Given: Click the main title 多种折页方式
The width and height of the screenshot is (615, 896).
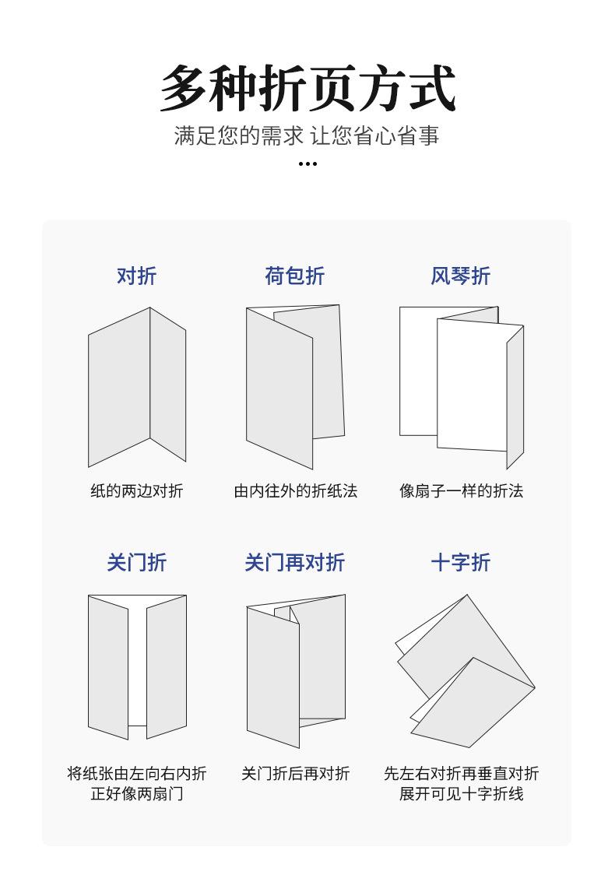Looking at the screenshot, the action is [307, 89].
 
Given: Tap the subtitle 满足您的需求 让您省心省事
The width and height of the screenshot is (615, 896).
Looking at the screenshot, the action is [307, 135].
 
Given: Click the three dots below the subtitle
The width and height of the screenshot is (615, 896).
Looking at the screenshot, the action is [307, 163].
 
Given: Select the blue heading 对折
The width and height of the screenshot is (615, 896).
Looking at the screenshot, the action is [137, 276].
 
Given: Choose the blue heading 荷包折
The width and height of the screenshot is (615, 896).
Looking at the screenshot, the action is [294, 276].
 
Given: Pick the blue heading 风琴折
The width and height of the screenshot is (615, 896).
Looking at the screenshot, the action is [460, 276].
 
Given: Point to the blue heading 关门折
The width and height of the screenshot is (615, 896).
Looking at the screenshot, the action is [137, 562].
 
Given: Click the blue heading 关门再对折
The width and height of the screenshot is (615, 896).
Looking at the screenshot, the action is [294, 562].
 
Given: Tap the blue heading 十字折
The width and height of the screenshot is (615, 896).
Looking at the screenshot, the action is [460, 562].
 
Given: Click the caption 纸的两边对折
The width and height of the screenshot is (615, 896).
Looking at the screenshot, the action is [137, 490].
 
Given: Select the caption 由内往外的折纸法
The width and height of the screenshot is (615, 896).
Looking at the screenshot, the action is [295, 490].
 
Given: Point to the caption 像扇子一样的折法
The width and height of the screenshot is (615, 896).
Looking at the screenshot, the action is [461, 490].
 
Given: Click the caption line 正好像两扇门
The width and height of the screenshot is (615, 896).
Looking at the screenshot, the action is [137, 794].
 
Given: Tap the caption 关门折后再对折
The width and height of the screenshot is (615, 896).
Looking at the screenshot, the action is [295, 773].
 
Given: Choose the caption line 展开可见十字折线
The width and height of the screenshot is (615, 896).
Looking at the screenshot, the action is [461, 794].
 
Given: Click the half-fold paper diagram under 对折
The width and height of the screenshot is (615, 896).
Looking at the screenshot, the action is [137, 387].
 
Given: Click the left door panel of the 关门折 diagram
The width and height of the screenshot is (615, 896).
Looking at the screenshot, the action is [108, 667].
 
